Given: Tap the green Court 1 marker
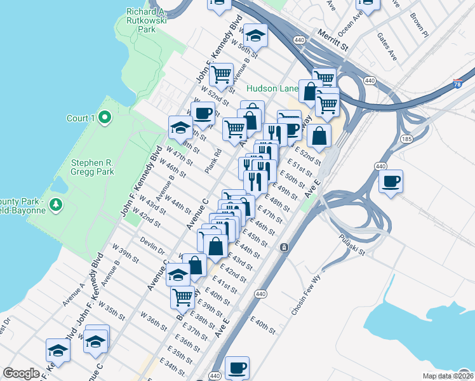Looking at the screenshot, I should coord(105,117).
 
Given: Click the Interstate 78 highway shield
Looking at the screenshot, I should coord(458,83).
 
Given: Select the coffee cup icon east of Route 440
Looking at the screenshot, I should coord(391,181).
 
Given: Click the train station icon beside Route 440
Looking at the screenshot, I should coord(284,246).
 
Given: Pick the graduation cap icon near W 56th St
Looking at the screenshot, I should coord(255,35).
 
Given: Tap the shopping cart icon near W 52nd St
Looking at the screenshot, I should coord(222,74).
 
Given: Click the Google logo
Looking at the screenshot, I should coord(21,373).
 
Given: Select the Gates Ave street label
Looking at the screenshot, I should coord(387,47).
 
